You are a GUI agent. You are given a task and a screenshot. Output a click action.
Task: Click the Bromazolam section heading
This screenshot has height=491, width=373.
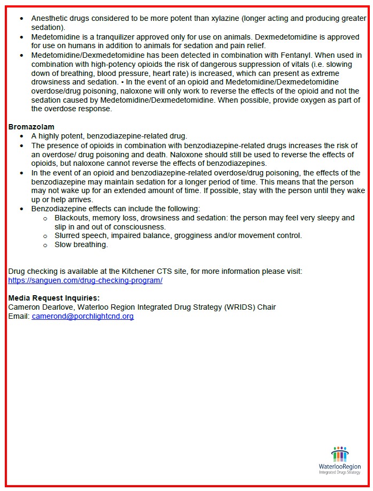31,127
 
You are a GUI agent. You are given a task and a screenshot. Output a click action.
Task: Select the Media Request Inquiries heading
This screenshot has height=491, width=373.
54,298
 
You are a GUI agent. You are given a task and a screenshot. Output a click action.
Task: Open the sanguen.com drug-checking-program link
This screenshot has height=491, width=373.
85,280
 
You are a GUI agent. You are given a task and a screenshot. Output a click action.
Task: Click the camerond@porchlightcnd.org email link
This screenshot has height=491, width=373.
82,316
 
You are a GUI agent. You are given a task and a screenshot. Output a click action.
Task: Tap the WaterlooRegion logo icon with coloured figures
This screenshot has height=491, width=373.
339,454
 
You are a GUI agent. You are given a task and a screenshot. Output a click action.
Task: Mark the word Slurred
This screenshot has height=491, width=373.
68,235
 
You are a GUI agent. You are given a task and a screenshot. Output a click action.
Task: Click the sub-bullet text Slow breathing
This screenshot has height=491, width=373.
81,244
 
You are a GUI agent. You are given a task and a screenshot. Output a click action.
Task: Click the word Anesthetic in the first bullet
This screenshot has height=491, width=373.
51,18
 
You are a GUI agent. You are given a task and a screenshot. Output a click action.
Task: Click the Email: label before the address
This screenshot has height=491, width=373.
19,316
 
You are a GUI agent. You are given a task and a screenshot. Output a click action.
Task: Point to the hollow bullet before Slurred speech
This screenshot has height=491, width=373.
45,236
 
